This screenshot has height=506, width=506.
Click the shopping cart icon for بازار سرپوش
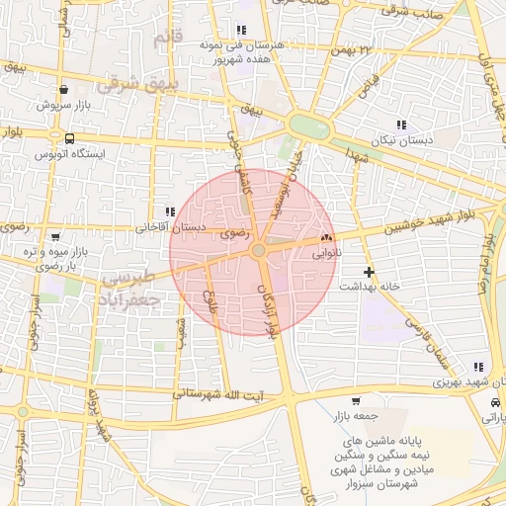click(x=62, y=89)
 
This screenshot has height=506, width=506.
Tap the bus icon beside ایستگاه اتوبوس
click(x=68, y=138)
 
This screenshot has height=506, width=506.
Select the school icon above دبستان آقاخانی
click(x=170, y=211)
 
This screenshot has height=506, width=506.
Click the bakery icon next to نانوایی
click(x=326, y=237)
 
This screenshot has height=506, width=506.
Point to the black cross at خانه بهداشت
click(x=369, y=271)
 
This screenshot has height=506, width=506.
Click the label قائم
click(x=167, y=38)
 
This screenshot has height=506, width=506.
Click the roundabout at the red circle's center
click(x=258, y=252)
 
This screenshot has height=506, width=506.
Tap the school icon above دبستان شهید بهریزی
click(x=479, y=367)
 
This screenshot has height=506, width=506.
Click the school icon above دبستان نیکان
click(x=401, y=125)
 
